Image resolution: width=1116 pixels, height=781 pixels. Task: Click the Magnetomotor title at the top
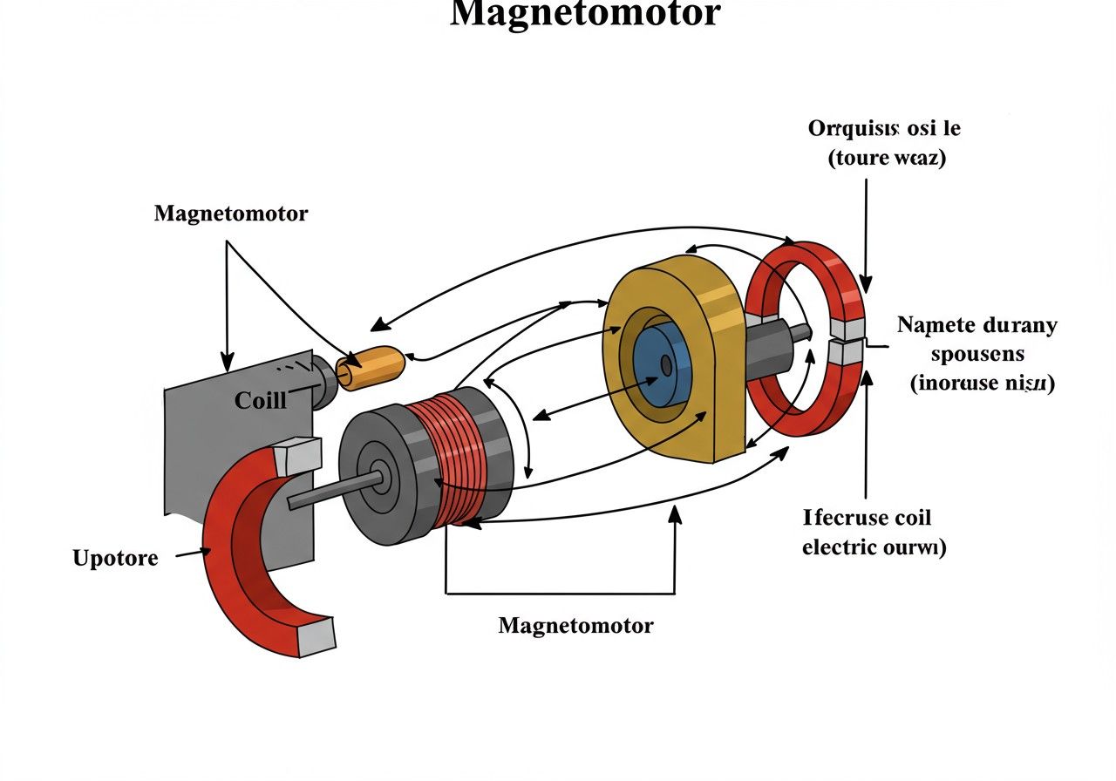[585, 13]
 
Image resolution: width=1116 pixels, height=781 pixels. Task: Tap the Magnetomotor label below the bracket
[575, 625]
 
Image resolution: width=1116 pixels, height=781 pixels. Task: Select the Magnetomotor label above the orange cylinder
[230, 214]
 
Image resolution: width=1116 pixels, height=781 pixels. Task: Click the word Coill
[260, 401]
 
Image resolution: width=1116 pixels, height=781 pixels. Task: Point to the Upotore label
[115, 558]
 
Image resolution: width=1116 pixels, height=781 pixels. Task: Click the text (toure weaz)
[885, 159]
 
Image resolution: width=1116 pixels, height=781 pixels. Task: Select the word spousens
[977, 354]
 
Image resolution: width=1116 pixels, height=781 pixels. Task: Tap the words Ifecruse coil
[867, 519]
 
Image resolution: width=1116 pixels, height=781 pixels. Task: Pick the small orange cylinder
[372, 365]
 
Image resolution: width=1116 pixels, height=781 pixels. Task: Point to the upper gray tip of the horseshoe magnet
[296, 456]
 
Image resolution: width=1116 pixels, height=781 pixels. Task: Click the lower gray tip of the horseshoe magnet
[316, 635]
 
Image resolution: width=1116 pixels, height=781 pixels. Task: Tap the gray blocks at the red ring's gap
[846, 340]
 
